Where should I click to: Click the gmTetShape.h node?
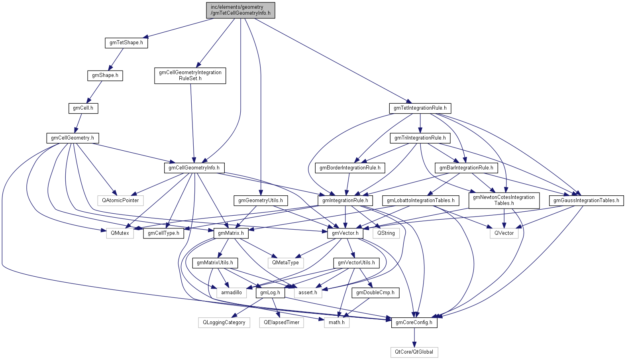[x=126, y=43]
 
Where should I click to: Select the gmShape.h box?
[x=105, y=75]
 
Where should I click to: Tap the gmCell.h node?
[x=83, y=108]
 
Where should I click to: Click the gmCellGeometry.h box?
[x=73, y=138]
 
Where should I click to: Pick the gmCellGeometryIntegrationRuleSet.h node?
[x=190, y=75]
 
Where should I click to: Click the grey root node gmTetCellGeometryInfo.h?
[x=241, y=10]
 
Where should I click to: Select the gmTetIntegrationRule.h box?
[x=420, y=108]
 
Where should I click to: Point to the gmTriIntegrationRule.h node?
[x=420, y=138]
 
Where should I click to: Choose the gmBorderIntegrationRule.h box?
[x=350, y=168]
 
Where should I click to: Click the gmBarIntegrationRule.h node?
[x=466, y=168]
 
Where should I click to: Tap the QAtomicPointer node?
[x=120, y=201]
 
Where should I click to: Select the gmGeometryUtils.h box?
[x=261, y=201]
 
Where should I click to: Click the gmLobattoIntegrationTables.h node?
[x=421, y=201]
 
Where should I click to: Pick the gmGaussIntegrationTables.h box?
[x=586, y=201]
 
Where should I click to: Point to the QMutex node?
[x=120, y=233]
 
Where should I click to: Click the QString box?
[x=386, y=233]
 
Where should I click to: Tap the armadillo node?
[x=232, y=293]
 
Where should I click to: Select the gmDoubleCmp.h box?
[x=375, y=293]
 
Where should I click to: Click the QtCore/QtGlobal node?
[x=414, y=352]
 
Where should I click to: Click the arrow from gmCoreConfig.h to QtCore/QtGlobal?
[x=414, y=337]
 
